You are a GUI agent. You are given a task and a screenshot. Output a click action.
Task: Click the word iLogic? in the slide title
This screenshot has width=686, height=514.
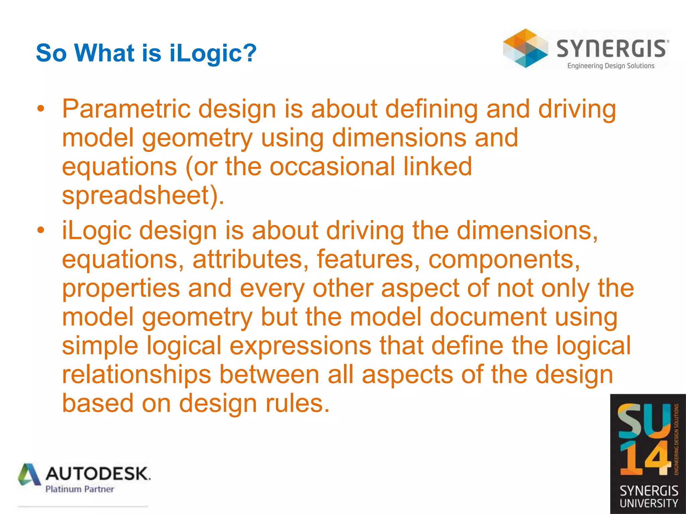[x=213, y=53]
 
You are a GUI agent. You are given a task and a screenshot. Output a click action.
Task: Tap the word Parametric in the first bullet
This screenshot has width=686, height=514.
[x=126, y=109]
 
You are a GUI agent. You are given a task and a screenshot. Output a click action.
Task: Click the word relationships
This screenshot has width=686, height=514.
[x=136, y=374]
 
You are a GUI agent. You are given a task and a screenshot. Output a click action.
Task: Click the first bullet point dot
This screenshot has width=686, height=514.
[x=41, y=109]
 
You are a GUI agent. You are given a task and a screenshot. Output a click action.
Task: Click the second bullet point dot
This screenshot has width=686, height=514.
[x=41, y=231]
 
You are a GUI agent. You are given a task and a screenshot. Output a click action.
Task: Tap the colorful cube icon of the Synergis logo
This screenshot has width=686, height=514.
[x=525, y=49]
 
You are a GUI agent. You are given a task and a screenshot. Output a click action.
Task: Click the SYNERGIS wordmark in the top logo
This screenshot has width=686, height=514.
[x=612, y=49]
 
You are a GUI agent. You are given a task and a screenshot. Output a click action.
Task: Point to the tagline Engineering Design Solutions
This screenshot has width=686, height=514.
[x=611, y=66]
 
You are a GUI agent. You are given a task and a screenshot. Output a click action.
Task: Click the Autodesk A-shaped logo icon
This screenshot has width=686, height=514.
[x=29, y=475]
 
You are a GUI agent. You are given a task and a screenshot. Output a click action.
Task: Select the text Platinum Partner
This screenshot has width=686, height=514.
[x=80, y=489]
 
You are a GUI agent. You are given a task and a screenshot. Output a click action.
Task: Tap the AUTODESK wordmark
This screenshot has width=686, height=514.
[x=98, y=474]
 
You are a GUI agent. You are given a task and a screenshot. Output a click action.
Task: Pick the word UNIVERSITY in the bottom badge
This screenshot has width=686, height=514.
[x=648, y=503]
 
